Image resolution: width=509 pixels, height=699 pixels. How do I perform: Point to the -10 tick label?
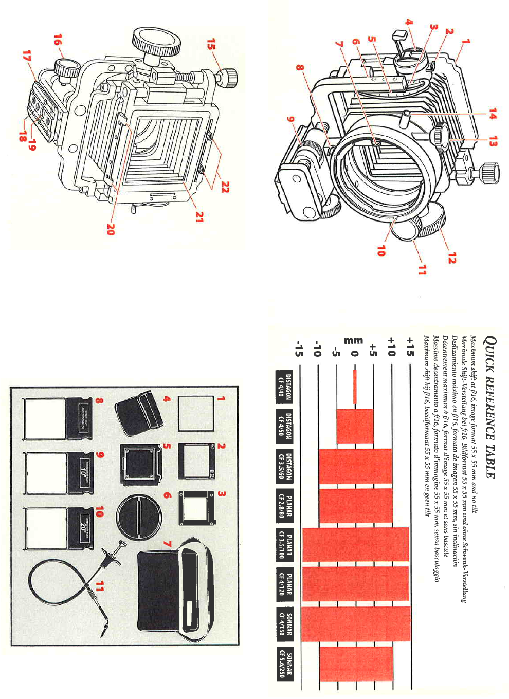coord(318,348)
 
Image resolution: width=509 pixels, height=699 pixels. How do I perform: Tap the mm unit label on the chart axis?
coord(354,340)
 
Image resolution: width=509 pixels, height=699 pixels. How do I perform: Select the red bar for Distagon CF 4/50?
coord(355,426)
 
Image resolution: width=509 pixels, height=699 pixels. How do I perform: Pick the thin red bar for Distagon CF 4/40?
coord(355,387)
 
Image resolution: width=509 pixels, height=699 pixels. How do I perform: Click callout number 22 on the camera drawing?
coord(225,188)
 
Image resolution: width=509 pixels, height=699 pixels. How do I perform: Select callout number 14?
coord(492,114)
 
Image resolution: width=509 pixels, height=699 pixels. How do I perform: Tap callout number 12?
coord(451,259)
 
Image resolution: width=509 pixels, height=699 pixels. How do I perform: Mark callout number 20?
coord(110,229)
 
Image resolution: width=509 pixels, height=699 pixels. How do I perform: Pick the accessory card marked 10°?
coord(79,473)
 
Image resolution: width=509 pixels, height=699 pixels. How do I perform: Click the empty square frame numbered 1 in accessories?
coord(196,414)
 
